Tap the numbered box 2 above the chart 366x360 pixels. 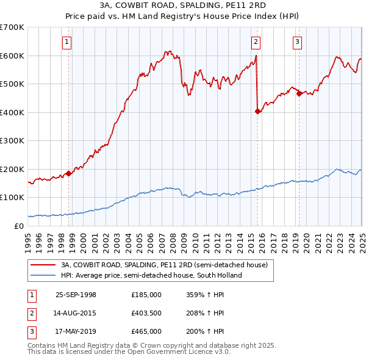click(256, 42)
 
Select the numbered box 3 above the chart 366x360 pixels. click(297, 42)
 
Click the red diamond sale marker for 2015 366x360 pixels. click(257, 112)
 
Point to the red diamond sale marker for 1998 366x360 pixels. click(69, 173)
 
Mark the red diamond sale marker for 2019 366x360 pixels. click(299, 94)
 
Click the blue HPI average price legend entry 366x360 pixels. click(151, 275)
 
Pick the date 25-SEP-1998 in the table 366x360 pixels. click(76, 295)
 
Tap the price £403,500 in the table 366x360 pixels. click(146, 313)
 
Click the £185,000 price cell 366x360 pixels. click(146, 295)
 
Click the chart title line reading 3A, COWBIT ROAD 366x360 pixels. click(183, 6)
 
